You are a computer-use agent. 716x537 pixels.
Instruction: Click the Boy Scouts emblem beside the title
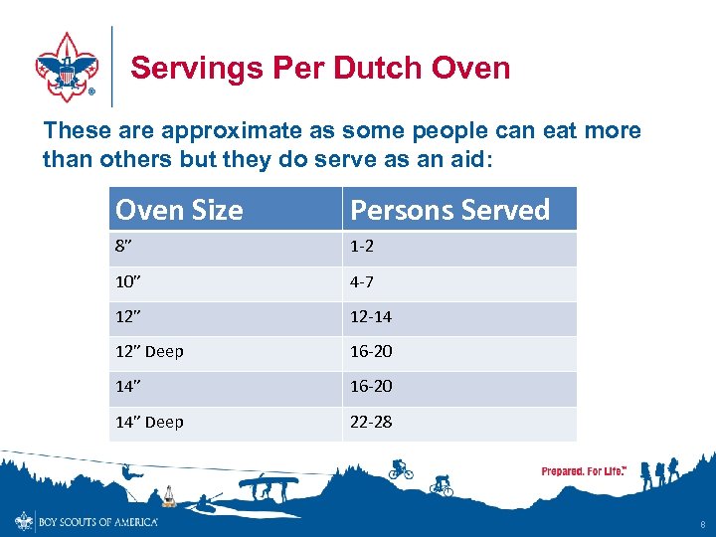click(x=67, y=66)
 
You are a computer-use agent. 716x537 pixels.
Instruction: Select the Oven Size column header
click(x=179, y=210)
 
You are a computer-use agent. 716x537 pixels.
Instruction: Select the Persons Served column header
click(x=449, y=210)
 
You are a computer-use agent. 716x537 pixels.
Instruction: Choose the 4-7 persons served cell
click(x=363, y=283)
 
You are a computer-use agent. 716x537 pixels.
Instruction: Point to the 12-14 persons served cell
click(x=370, y=318)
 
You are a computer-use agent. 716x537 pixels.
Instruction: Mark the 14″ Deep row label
click(x=149, y=423)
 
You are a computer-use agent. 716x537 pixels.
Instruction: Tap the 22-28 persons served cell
click(x=370, y=423)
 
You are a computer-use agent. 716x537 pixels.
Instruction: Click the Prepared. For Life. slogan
click(x=584, y=471)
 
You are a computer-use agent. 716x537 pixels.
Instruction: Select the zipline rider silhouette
click(x=130, y=472)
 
